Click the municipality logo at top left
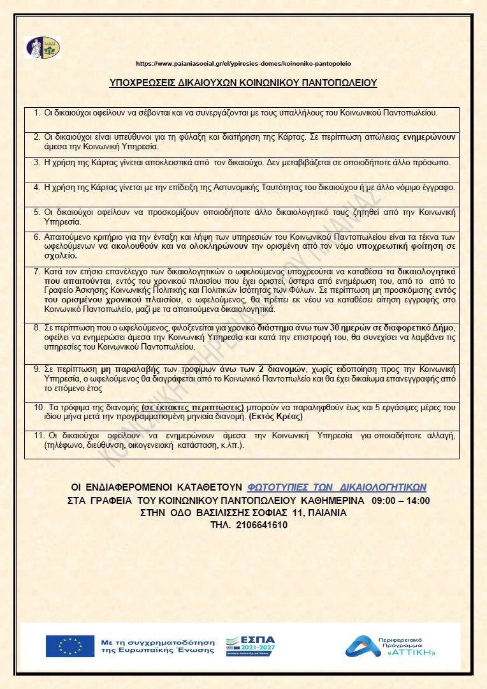tap(43, 48)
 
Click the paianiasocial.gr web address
tap(243, 64)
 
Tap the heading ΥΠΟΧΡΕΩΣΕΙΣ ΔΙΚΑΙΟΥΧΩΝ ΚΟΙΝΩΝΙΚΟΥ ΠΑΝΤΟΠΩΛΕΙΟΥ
tap(243, 82)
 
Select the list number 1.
tap(36, 112)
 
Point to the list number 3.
tap(36, 162)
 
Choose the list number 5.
tap(36, 212)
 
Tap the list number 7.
tap(36, 271)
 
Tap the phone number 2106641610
tap(262, 525)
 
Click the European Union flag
tap(69, 646)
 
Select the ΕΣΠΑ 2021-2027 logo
tap(251, 646)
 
